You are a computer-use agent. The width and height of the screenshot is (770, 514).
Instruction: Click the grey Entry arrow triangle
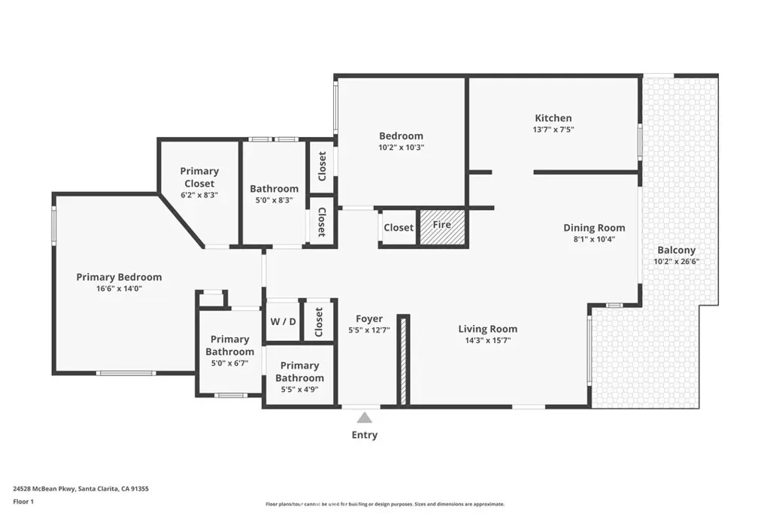pos(365,418)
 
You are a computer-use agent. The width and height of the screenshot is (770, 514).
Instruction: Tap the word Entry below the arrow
pos(365,435)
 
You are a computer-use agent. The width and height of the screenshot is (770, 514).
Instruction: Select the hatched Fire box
pos(442,227)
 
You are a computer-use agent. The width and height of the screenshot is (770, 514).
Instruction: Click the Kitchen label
pos(553,118)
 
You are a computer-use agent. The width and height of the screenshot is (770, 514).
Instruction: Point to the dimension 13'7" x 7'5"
pos(553,129)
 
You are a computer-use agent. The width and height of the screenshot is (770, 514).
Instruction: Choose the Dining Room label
pos(594,228)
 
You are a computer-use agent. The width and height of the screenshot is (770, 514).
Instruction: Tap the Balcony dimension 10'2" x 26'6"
pos(676,261)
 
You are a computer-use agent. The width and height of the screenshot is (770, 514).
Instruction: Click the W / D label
pos(283,322)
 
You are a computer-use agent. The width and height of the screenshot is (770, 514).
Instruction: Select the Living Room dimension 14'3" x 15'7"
pos(488,340)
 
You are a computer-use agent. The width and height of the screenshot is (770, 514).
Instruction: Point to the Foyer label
pos(369,319)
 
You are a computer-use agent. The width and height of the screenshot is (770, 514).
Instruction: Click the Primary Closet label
pos(199,178)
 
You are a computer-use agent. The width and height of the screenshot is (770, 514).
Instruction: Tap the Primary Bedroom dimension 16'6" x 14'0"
pos(120,288)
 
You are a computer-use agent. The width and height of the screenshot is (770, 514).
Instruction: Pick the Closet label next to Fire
pos(399,227)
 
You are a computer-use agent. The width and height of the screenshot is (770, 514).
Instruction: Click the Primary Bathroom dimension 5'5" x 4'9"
pos(299,389)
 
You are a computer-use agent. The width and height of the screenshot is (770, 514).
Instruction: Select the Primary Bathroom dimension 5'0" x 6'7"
pos(230,363)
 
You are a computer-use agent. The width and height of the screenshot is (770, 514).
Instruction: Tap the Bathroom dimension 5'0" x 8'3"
pos(274,200)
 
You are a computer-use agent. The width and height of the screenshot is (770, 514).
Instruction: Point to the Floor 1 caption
pos(23,502)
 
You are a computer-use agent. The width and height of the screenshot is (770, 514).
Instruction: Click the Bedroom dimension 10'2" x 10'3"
pos(402,148)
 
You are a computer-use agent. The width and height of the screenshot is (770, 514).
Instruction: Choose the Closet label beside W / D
pos(319,322)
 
